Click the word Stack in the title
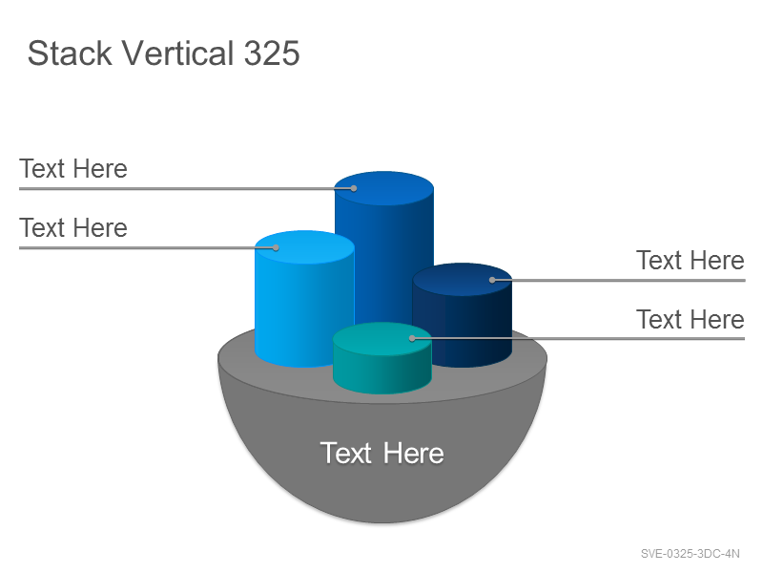click(70, 53)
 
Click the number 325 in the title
click(272, 53)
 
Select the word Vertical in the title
click(177, 53)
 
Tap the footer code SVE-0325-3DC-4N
click(690, 554)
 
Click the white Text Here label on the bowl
click(382, 453)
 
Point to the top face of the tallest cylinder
click(384, 188)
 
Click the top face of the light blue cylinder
click(304, 247)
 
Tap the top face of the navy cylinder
click(463, 280)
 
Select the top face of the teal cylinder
click(382, 339)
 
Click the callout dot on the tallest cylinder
click(354, 188)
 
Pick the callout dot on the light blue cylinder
click(276, 247)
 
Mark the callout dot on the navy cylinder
click(492, 280)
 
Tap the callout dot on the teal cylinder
click(412, 338)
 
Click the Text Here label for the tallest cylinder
click(73, 169)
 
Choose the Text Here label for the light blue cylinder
click(73, 227)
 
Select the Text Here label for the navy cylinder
click(691, 260)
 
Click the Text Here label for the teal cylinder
click(691, 319)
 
